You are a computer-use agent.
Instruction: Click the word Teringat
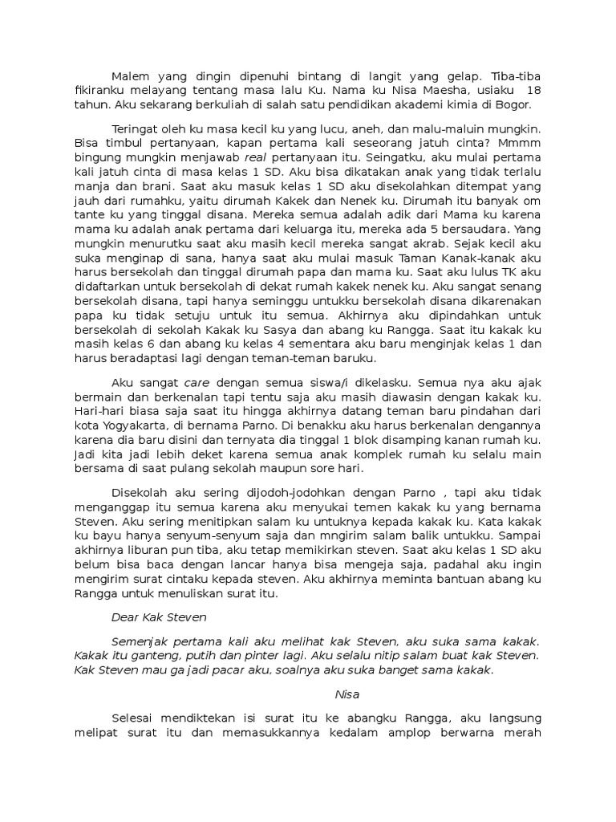tap(135, 128)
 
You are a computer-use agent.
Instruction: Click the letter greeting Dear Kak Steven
tap(159, 617)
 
